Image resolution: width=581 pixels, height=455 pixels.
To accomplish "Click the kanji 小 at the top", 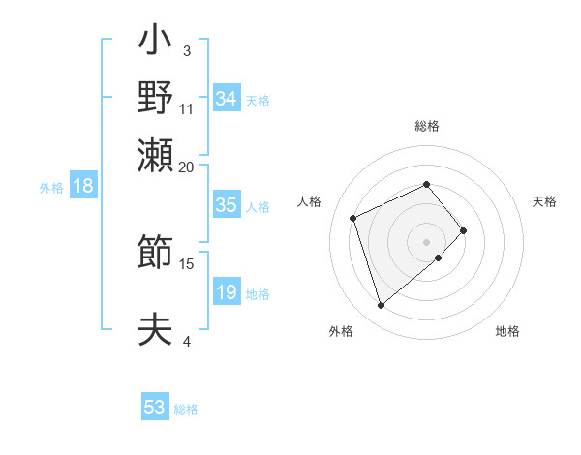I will pyautogui.click(x=156, y=45).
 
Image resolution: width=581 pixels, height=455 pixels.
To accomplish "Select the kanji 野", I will pyautogui.click(x=156, y=98).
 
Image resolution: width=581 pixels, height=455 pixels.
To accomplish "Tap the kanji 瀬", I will pyautogui.click(x=156, y=154).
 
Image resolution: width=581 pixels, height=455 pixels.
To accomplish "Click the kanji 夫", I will pyautogui.click(x=156, y=329).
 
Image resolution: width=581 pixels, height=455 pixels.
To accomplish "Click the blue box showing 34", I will pyautogui.click(x=227, y=99).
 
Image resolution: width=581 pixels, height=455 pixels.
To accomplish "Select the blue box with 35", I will pyautogui.click(x=226, y=205).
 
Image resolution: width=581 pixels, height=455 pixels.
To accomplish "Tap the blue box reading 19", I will pyautogui.click(x=226, y=292).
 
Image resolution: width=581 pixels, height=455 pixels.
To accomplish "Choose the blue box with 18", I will pyautogui.click(x=83, y=186).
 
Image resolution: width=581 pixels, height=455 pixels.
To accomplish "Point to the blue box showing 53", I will pyautogui.click(x=155, y=408).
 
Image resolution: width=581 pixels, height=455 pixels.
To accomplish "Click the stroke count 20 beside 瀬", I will pyautogui.click(x=186, y=167).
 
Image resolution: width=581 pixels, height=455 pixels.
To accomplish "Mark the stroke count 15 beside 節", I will pyautogui.click(x=187, y=263).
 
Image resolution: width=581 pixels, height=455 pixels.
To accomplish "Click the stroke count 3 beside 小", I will pyautogui.click(x=187, y=50).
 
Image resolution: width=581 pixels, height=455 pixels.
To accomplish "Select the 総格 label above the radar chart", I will pyautogui.click(x=426, y=126).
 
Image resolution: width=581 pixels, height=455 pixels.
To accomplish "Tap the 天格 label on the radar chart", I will pyautogui.click(x=544, y=201).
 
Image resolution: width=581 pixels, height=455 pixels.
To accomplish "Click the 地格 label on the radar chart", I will pyautogui.click(x=507, y=331).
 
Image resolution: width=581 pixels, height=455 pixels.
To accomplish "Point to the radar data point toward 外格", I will pyautogui.click(x=382, y=305).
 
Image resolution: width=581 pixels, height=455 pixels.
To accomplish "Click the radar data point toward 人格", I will pyautogui.click(x=354, y=217).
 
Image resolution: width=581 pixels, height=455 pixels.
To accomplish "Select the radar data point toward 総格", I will pyautogui.click(x=426, y=184).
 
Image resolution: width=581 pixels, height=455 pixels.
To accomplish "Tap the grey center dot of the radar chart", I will pyautogui.click(x=426, y=240).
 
